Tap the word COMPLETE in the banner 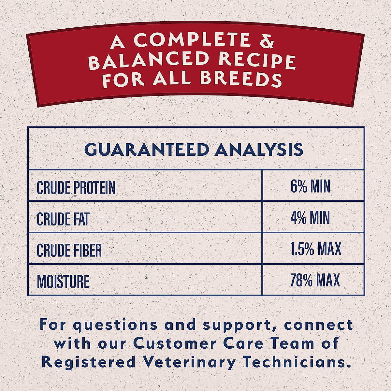coord(192,40)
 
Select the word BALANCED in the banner coord(149,61)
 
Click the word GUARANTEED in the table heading coord(146,150)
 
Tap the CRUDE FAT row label coord(63,219)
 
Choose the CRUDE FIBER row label coord(69,250)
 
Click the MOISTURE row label coord(63,282)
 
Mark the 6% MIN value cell coord(310,187)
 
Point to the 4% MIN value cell coord(310,218)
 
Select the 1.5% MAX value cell coord(315,249)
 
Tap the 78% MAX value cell coord(315,280)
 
